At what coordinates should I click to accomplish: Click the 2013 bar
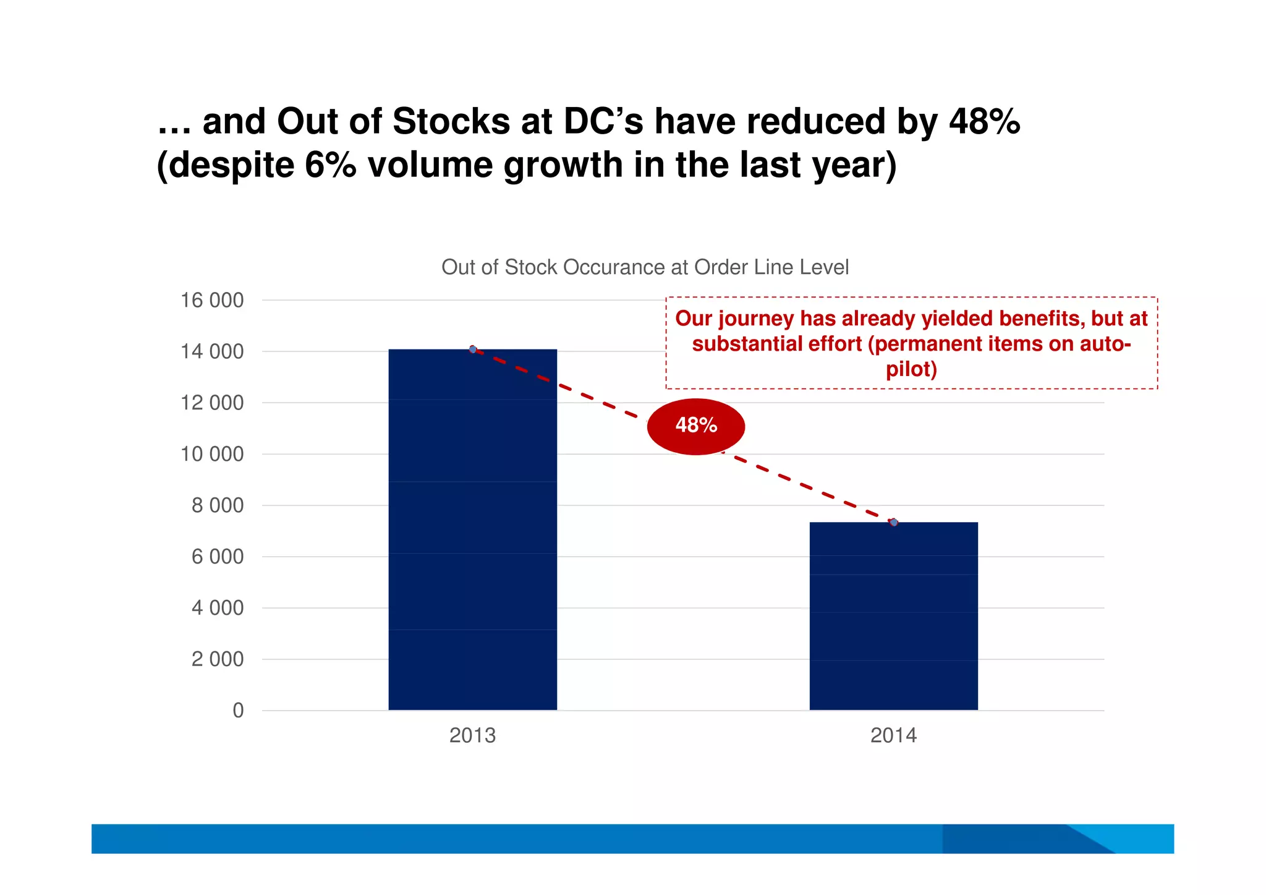[x=472, y=532]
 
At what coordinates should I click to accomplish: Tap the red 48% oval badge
[x=696, y=426]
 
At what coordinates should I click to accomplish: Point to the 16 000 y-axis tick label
[x=211, y=301]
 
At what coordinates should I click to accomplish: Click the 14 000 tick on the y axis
[x=211, y=352]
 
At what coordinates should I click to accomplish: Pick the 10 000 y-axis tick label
[x=211, y=455]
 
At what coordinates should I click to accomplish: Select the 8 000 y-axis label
[x=217, y=506]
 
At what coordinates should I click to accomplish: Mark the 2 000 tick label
[x=217, y=659]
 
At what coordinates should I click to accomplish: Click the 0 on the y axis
[x=238, y=711]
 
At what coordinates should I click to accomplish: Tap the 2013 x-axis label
[x=472, y=735]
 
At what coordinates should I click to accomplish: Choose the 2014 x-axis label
[x=893, y=735]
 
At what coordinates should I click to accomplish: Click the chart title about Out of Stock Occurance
[x=645, y=267]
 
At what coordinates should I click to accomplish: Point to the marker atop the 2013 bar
[x=473, y=349]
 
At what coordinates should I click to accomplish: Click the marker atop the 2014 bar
[x=894, y=523]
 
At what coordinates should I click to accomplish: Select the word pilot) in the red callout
[x=911, y=370]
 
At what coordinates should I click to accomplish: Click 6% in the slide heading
[x=330, y=165]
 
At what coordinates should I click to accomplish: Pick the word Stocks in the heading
[x=451, y=121]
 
